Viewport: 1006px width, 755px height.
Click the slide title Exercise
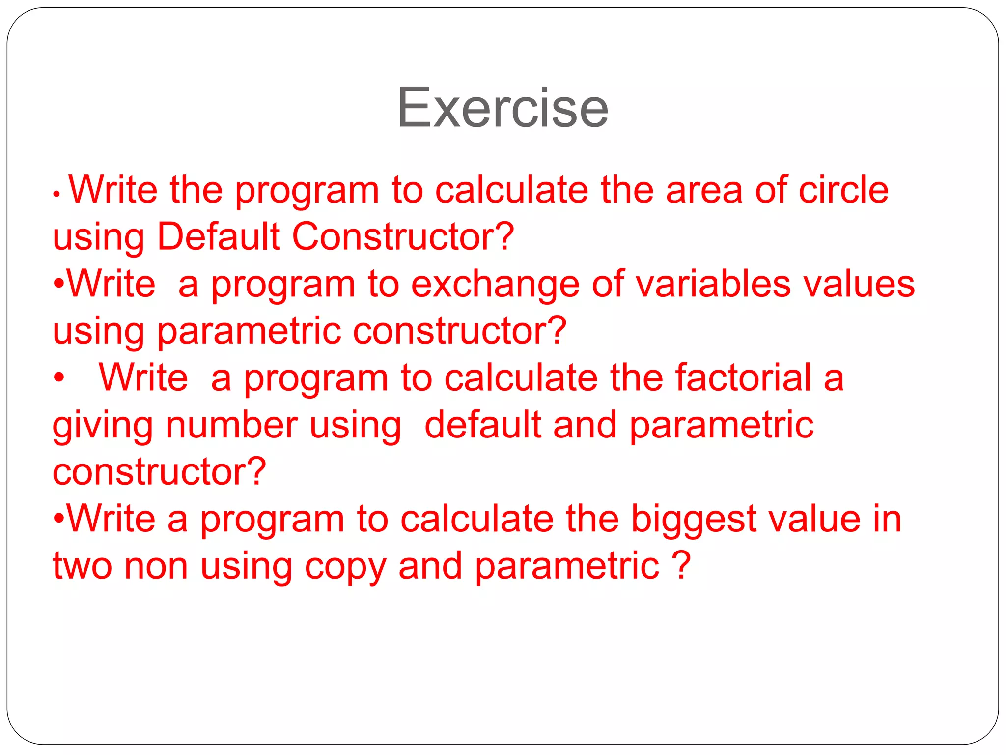tap(503, 108)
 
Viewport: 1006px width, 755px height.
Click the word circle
tap(843, 190)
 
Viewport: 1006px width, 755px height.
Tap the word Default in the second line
tap(218, 237)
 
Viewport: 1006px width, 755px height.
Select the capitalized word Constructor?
tap(403, 237)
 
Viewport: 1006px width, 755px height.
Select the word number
tap(231, 425)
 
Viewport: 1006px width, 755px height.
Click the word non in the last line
tap(156, 567)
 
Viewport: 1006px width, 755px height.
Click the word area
tap(704, 190)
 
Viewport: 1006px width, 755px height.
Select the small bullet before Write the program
tap(56, 195)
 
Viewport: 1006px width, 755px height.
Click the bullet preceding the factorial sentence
tap(59, 378)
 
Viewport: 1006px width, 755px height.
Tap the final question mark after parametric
tap(682, 565)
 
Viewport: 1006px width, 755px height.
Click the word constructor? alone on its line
tap(159, 472)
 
